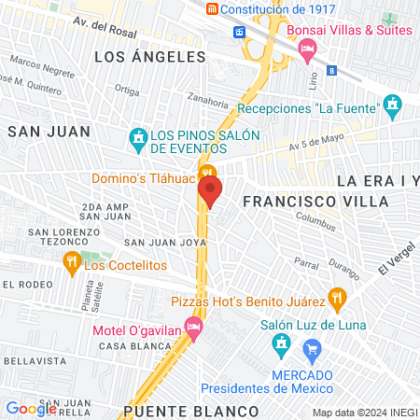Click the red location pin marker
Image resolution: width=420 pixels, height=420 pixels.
coord(210,191)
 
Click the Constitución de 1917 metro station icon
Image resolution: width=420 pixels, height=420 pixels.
coord(213,9)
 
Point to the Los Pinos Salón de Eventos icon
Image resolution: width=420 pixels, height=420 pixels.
coord(139,140)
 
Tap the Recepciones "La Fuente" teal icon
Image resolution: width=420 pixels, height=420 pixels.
coord(393,102)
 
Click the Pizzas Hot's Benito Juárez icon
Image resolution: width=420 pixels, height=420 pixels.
coord(339,301)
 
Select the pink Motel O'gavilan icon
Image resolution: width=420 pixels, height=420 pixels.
coord(193,327)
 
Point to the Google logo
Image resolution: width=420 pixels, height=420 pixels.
coord(31,408)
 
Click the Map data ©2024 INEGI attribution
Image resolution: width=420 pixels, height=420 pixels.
coord(363,413)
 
